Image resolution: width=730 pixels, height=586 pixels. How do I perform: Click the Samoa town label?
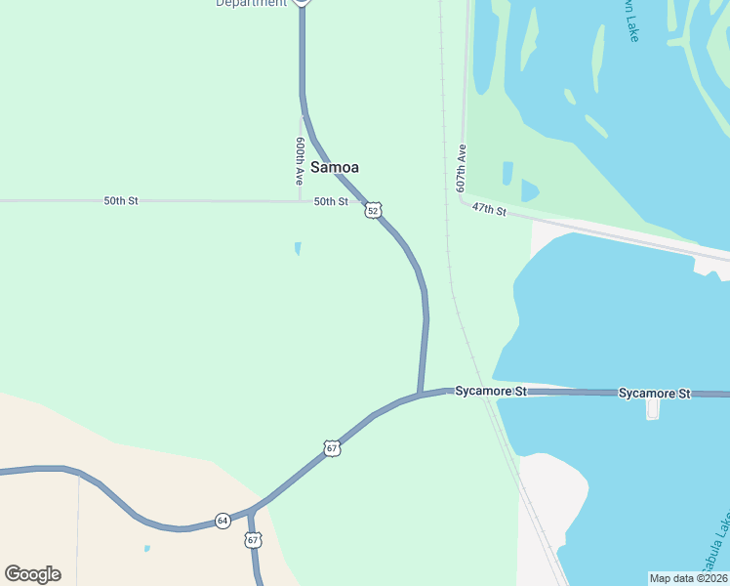coord(335,167)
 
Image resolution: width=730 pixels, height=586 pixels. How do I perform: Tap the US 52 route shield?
coord(373,210)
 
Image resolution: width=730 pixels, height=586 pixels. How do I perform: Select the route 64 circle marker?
coord(223,521)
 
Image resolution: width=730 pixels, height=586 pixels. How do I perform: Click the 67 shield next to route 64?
coord(254,540)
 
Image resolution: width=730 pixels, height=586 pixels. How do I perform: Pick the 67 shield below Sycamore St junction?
coord(333,448)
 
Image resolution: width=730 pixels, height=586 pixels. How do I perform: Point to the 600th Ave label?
coord(301,161)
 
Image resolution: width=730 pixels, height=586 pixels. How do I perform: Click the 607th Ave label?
coord(462,169)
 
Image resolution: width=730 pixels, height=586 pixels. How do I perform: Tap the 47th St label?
coord(489,210)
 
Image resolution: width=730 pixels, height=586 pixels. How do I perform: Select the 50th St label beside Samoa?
coord(331,201)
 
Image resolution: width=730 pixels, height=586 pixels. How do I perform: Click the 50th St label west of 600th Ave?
coord(121,200)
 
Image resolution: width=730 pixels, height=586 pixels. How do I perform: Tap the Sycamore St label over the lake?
coord(654,393)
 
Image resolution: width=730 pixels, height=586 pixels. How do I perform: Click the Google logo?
coord(32,574)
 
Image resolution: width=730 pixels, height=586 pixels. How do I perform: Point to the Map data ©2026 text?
coord(688,577)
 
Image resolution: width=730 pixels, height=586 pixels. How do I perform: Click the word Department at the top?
coord(252,3)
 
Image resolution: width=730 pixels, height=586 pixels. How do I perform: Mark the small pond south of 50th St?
coord(298,248)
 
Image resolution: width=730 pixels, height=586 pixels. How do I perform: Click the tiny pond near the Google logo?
coord(146,548)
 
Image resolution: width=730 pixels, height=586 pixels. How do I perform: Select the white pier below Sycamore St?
coord(653,407)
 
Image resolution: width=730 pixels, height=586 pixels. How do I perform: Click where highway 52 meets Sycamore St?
coord(420,394)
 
